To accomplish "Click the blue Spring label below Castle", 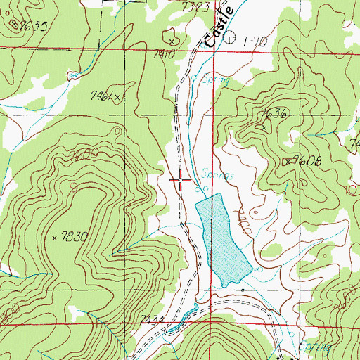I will [215, 81].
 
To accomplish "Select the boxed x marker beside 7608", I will [286, 162].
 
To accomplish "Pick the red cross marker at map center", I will [180, 180].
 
